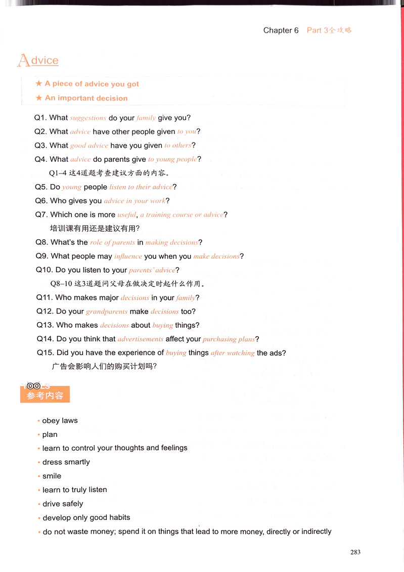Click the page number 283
(x=355, y=552)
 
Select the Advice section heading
(x=38, y=61)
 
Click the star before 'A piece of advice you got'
(x=38, y=84)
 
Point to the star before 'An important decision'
(x=38, y=98)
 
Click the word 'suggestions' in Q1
(x=88, y=118)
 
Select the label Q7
(x=41, y=214)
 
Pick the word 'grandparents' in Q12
(x=107, y=312)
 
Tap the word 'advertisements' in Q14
(x=141, y=339)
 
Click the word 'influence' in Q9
(x=128, y=256)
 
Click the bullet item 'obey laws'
(x=60, y=421)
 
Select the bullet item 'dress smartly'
(x=66, y=462)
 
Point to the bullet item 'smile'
(x=52, y=476)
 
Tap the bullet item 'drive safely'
(x=63, y=504)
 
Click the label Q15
(x=45, y=353)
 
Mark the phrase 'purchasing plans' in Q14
(x=229, y=339)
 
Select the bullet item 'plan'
(x=50, y=434)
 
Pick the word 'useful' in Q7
(x=126, y=214)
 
